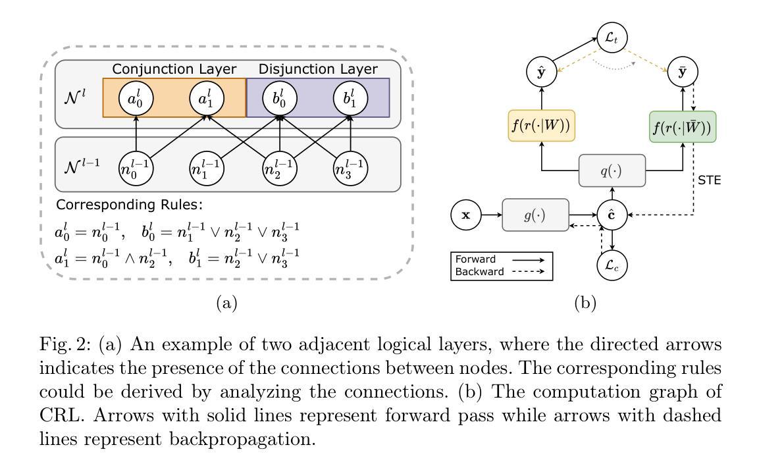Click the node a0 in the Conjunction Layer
point(136,100)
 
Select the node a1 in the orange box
point(207,100)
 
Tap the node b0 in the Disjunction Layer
point(280,100)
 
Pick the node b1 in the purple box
point(350,100)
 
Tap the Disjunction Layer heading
point(318,69)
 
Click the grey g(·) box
point(536,215)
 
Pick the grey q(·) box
point(613,171)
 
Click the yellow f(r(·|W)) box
point(541,125)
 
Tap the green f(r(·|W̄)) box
point(683,125)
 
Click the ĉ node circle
point(613,215)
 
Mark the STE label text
point(710,178)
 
